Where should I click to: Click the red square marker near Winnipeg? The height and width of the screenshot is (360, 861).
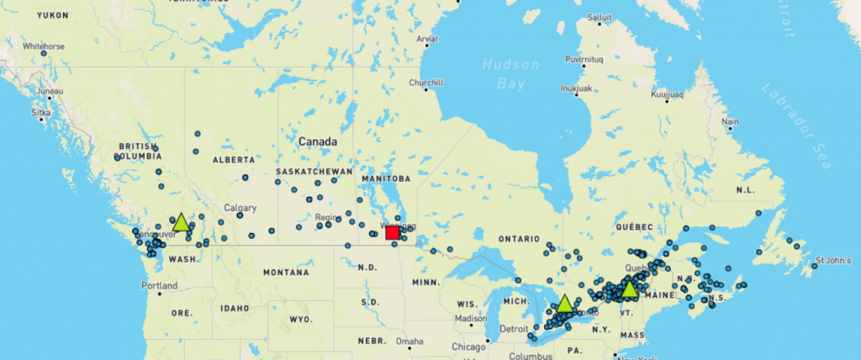(x=392, y=232)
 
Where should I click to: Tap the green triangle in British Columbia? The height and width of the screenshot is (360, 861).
(x=181, y=223)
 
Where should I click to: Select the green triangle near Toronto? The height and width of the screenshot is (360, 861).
(x=564, y=304)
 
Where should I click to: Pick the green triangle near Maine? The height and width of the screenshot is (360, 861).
(x=629, y=289)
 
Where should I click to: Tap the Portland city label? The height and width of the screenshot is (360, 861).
(x=159, y=286)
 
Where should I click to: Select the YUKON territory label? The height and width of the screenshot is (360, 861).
(x=53, y=15)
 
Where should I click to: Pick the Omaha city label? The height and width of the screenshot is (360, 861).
(x=410, y=341)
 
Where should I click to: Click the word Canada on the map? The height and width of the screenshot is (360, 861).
(x=318, y=141)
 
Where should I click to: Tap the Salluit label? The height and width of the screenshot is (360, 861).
(x=600, y=17)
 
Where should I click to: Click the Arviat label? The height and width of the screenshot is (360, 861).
(x=427, y=39)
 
